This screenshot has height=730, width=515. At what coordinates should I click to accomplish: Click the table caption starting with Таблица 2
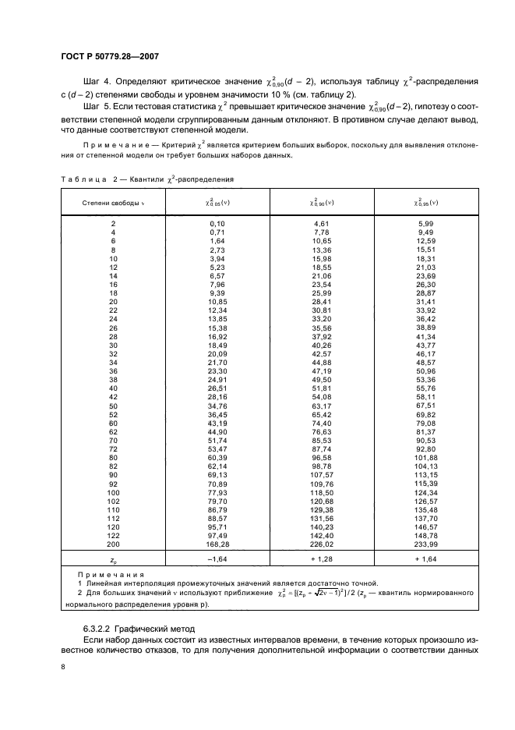click(147, 179)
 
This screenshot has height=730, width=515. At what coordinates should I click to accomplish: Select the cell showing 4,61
click(322, 223)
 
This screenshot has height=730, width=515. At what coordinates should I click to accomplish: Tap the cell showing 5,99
click(425, 223)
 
